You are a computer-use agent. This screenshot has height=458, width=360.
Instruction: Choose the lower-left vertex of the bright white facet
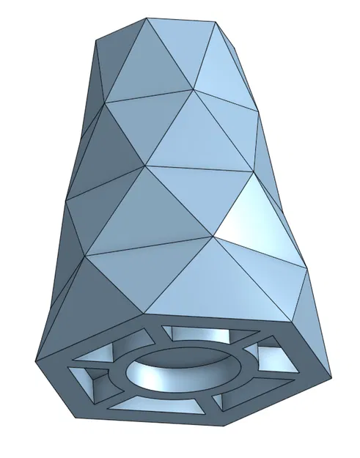click(213, 236)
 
